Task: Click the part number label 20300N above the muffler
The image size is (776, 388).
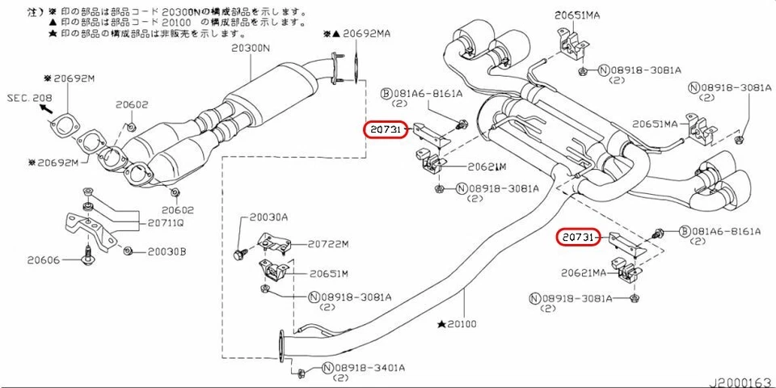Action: (x=252, y=48)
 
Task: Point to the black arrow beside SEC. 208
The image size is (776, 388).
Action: (x=46, y=108)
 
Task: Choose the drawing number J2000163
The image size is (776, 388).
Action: (x=740, y=380)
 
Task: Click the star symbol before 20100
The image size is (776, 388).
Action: (x=441, y=324)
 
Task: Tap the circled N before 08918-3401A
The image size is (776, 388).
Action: (x=327, y=369)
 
